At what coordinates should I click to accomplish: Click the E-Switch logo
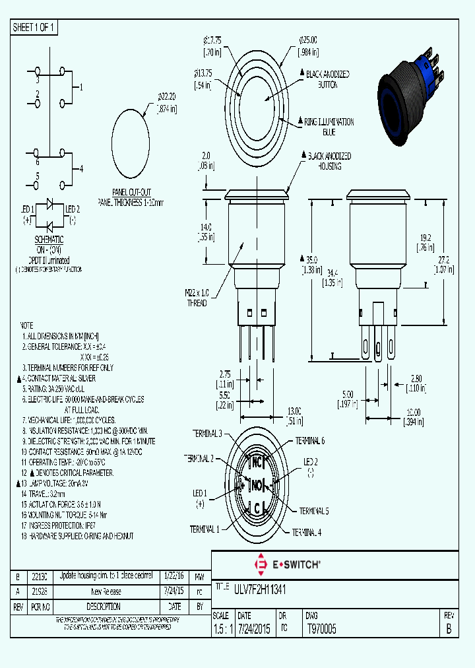pyautogui.click(x=288, y=564)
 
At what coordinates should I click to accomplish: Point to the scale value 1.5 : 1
pyautogui.click(x=222, y=629)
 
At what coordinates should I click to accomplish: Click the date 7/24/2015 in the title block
pyautogui.click(x=254, y=629)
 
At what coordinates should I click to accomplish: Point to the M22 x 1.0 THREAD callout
pyautogui.click(x=196, y=298)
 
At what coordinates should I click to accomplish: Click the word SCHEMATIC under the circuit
pyautogui.click(x=49, y=240)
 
